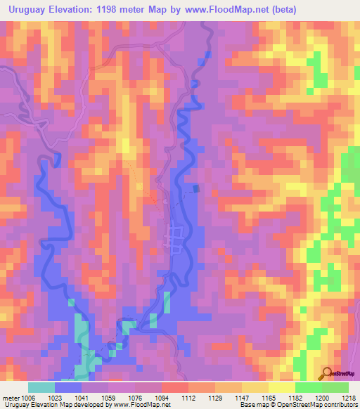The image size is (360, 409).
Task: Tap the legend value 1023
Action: pyautogui.click(x=54, y=397)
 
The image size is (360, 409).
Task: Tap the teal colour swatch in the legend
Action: pyautogui.click(x=41, y=387)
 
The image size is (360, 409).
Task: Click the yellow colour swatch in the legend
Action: pyautogui.click(x=282, y=387)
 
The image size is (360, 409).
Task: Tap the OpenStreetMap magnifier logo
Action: pyautogui.click(x=328, y=373)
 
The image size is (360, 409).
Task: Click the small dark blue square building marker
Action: pyautogui.click(x=196, y=188)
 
